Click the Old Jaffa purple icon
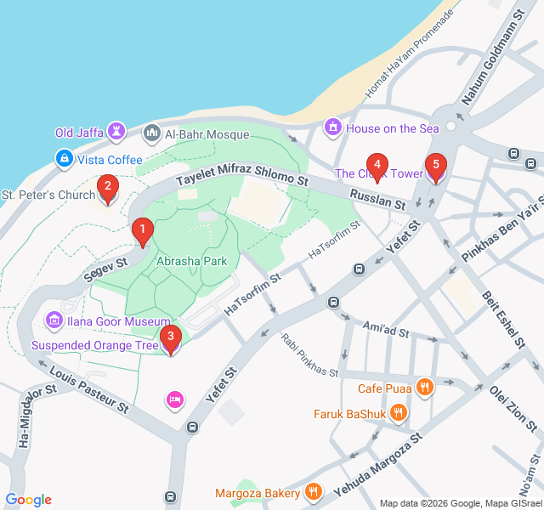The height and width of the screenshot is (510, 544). (116, 132)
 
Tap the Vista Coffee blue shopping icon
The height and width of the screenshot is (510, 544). (64, 159)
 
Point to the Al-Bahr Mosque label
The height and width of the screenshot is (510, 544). (207, 134)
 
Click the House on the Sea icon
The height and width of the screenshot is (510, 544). (333, 128)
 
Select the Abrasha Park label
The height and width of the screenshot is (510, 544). (191, 261)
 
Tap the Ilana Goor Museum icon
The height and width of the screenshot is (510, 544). (54, 321)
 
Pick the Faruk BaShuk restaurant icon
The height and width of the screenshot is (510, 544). (399, 416)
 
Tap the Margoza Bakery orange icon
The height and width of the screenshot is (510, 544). (314, 492)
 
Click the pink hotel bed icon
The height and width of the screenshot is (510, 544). (175, 399)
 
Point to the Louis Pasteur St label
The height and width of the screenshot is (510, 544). (88, 392)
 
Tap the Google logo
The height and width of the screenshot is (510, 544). (28, 500)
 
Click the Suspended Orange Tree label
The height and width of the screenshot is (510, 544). (95, 346)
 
